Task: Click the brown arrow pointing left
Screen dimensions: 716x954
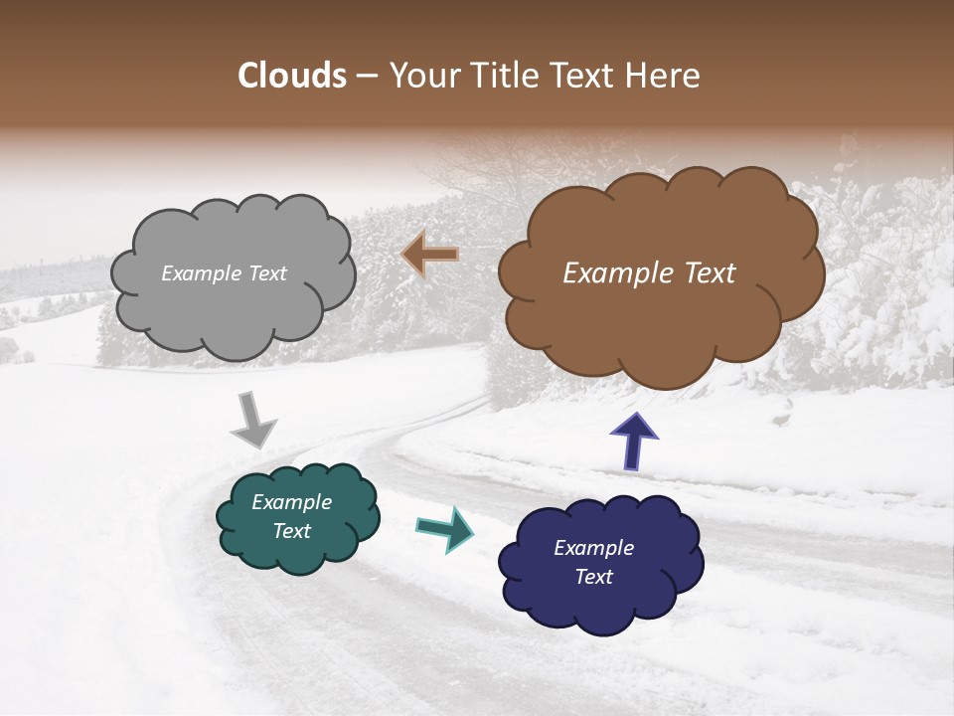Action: [430, 255]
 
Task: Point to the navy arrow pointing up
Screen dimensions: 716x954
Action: [633, 441]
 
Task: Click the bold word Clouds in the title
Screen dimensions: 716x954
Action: [292, 76]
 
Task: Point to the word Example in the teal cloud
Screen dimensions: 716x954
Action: [291, 502]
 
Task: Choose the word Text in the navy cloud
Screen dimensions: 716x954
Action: [594, 577]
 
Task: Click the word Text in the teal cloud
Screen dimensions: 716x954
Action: [291, 531]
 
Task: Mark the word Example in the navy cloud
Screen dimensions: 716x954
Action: [594, 548]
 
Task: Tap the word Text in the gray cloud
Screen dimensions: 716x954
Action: [266, 273]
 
